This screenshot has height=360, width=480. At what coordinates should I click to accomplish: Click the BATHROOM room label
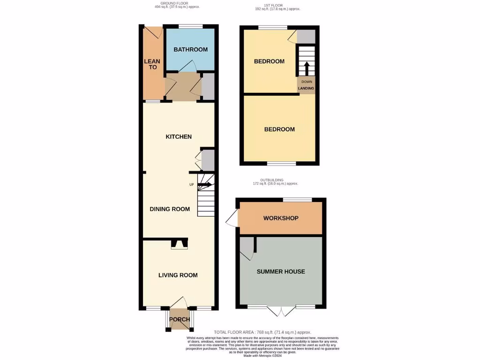point(190,50)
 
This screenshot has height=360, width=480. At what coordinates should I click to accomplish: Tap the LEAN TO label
point(152,64)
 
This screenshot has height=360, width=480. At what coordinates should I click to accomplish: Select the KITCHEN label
point(179,137)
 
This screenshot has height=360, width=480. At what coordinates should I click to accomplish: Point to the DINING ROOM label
point(170,209)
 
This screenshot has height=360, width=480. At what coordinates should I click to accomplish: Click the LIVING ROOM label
point(178,275)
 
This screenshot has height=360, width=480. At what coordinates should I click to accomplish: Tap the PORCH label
point(179,320)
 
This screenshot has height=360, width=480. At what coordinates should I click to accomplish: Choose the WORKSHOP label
point(281,218)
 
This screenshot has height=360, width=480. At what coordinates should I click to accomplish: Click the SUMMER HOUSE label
point(281,271)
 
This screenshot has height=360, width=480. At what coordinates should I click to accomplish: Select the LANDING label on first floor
point(306,88)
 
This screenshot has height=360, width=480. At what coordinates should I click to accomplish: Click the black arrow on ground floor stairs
point(204,185)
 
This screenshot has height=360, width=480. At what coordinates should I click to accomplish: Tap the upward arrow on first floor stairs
point(305,68)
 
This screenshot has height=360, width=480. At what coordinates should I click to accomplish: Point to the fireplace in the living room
point(179,244)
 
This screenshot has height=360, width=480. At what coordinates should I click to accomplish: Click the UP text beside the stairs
point(191,185)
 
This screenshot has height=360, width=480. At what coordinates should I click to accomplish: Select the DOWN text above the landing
point(306,82)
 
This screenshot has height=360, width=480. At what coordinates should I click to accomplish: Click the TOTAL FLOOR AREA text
point(262,332)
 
